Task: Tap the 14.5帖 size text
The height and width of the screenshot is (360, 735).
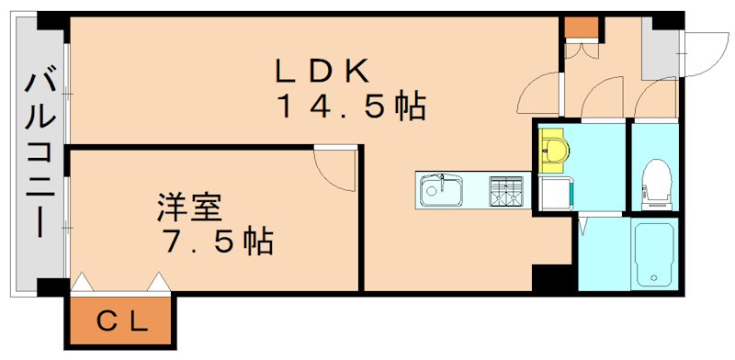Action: tap(352, 108)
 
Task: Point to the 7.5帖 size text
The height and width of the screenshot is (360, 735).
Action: tap(217, 242)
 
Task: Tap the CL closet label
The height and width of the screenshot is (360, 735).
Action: tap(120, 321)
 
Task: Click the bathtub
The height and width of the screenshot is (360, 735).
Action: tap(655, 253)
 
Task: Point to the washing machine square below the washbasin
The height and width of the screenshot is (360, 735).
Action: tap(556, 195)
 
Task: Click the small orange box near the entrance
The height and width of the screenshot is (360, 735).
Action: tap(580, 28)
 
